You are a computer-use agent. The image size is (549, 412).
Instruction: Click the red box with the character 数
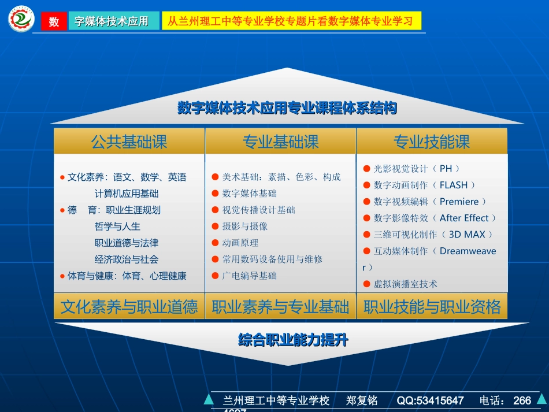[x=54, y=21]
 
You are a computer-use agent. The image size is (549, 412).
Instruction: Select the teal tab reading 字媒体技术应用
[x=112, y=21]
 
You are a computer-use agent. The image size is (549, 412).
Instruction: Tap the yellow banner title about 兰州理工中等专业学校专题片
[x=291, y=21]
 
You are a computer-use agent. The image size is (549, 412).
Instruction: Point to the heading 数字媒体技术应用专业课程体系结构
[x=287, y=108]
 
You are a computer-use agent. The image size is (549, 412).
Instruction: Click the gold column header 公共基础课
[x=129, y=142]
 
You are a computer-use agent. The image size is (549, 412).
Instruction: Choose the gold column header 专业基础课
[x=280, y=142]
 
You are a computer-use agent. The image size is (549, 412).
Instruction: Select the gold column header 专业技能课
[x=432, y=142]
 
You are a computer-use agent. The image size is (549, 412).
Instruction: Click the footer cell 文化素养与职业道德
[x=129, y=307]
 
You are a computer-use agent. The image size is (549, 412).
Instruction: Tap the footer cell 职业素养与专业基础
[x=280, y=307]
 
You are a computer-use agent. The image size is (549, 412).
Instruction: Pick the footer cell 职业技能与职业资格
[x=432, y=307]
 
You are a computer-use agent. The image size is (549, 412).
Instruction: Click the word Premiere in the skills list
[x=459, y=202]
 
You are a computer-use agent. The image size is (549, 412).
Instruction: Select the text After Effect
[x=464, y=218]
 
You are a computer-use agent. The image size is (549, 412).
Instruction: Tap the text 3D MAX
[x=467, y=235]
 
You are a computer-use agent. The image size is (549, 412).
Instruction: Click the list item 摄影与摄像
[x=245, y=227]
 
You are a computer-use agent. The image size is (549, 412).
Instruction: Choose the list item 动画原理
[x=240, y=243]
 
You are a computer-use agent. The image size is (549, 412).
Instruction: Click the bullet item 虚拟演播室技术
[x=406, y=284]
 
